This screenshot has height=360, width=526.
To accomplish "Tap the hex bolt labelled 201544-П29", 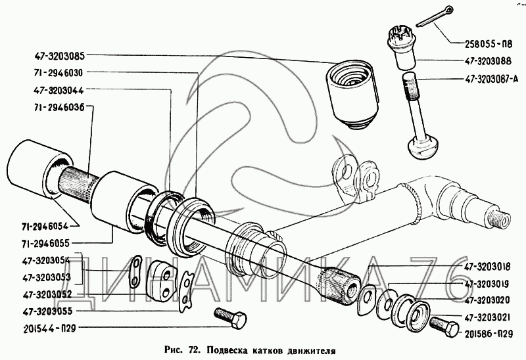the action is [229, 320].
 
